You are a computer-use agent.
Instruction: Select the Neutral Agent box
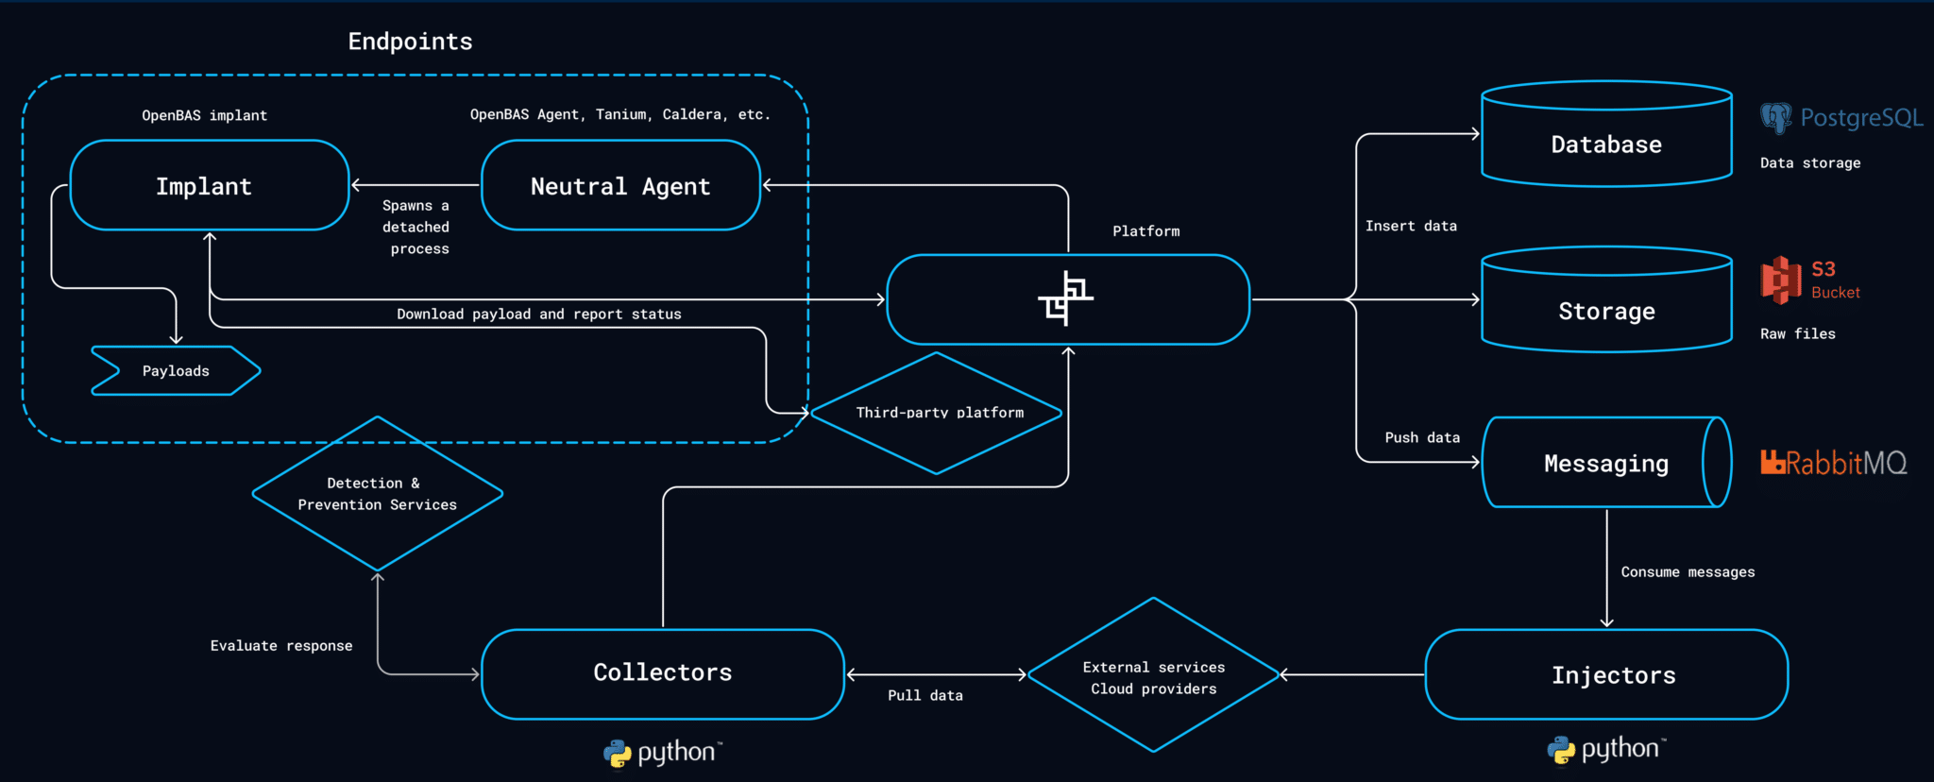coord(620,185)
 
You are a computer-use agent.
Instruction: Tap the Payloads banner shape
coord(176,370)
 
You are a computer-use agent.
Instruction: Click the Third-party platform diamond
coord(937,413)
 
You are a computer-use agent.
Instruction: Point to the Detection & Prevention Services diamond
coord(377,494)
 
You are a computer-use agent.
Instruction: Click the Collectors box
coord(662,673)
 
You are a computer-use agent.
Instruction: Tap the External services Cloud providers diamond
coord(1153,676)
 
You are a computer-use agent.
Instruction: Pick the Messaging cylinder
coord(1605,463)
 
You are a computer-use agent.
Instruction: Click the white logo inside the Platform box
coord(1066,298)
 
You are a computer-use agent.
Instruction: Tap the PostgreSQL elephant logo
coord(1775,118)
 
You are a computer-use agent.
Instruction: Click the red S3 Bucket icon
coord(1781,280)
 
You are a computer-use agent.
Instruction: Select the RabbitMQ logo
coord(1833,463)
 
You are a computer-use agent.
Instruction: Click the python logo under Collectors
coord(662,753)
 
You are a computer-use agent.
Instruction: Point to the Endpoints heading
coord(410,42)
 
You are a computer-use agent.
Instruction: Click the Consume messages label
coord(1688,572)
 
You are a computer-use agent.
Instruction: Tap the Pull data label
coord(925,696)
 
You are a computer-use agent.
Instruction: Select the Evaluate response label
coord(281,646)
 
